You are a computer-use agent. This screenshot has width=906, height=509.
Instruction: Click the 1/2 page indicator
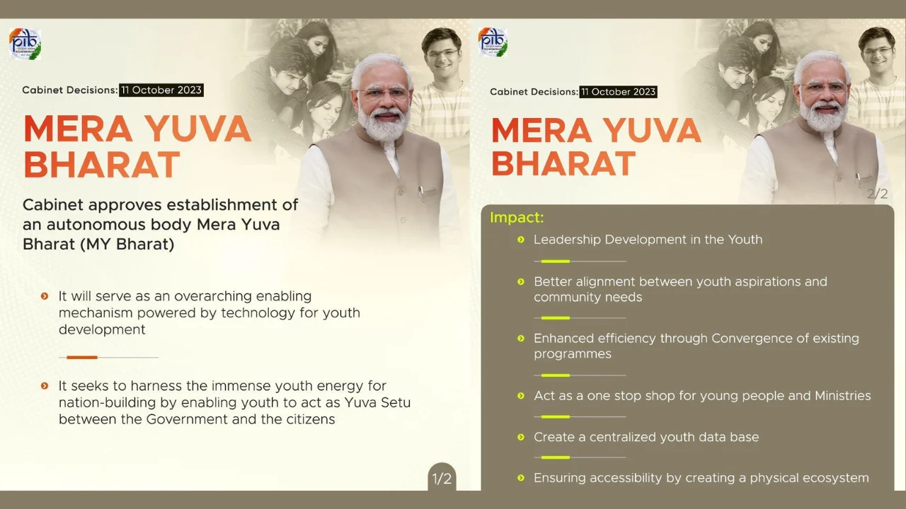(442, 479)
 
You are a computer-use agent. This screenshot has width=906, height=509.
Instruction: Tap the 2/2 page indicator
(877, 193)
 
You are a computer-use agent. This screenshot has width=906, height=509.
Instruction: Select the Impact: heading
(517, 218)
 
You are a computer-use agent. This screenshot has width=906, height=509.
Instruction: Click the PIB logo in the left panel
(25, 44)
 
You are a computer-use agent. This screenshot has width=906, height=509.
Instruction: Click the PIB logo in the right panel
(493, 42)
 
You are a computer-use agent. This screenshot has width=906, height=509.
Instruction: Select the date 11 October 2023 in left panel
(161, 90)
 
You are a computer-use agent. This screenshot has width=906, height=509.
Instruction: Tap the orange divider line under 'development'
(82, 357)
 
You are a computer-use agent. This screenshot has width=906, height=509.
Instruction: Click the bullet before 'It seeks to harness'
(45, 386)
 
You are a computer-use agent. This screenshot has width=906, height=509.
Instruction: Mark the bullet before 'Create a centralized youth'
(522, 438)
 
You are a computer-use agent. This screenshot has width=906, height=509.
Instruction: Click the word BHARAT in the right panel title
(563, 164)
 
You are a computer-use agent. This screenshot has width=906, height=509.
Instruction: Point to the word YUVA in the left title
(197, 129)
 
